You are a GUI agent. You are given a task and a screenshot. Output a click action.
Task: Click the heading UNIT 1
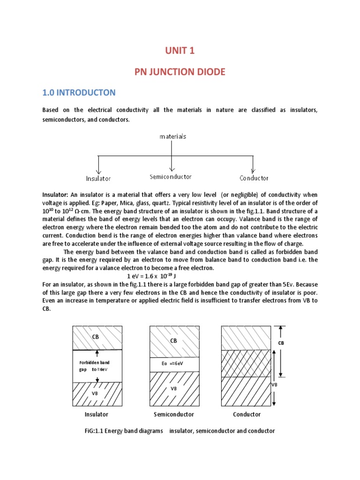pos(180,52)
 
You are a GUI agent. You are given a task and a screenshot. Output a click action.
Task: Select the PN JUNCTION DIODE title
pos(180,72)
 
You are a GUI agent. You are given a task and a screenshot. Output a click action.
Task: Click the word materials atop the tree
pos(173,136)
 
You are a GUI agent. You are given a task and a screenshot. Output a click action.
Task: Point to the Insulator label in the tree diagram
pos(98,178)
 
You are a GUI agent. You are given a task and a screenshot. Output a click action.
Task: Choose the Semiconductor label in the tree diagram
pos(171,177)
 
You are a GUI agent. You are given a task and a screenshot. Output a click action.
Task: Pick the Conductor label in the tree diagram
pos(254,178)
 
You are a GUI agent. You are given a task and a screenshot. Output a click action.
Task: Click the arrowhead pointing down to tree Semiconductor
pos(173,168)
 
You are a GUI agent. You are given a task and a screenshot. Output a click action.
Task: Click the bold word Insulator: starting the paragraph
pos(55,195)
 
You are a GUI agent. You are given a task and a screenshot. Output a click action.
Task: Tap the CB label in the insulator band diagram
pos(96,336)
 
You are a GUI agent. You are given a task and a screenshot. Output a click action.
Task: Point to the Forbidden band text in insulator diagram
pos(94,362)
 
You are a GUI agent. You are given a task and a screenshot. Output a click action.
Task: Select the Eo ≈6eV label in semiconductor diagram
pos(173,363)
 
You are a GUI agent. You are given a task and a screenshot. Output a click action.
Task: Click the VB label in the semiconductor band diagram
pos(173,389)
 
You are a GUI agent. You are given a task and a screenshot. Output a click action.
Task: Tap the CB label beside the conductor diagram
pos(282,343)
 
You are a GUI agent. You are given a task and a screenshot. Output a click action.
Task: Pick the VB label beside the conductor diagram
pos(276,384)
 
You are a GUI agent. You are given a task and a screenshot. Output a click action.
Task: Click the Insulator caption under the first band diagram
pos(97,414)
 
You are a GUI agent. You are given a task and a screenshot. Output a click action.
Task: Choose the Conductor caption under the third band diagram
pos(247,414)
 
